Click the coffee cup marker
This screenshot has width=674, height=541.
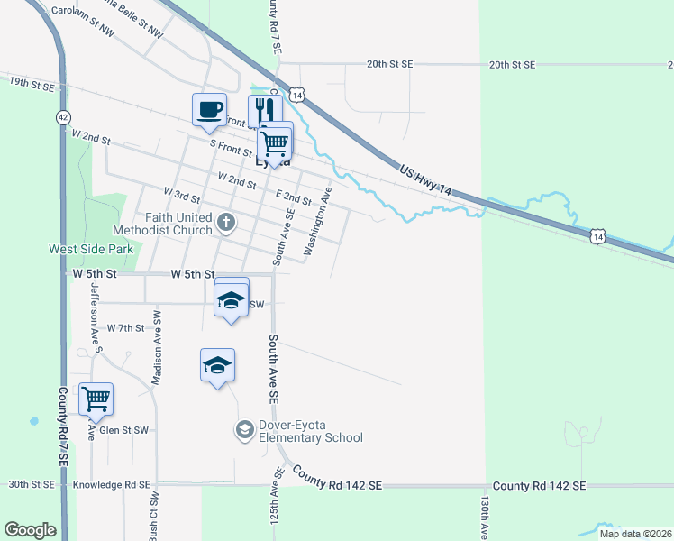(x=209, y=111)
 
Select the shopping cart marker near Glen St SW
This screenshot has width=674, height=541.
(x=96, y=399)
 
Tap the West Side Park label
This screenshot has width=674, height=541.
(x=90, y=248)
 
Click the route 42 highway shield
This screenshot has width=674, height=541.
(x=61, y=116)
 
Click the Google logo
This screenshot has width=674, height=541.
(x=30, y=530)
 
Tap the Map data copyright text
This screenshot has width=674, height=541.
(x=635, y=534)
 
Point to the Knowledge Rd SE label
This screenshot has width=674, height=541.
(x=110, y=484)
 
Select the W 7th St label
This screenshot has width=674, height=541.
(x=125, y=328)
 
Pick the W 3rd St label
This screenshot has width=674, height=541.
(x=181, y=194)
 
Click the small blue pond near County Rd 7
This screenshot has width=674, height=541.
(x=34, y=420)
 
